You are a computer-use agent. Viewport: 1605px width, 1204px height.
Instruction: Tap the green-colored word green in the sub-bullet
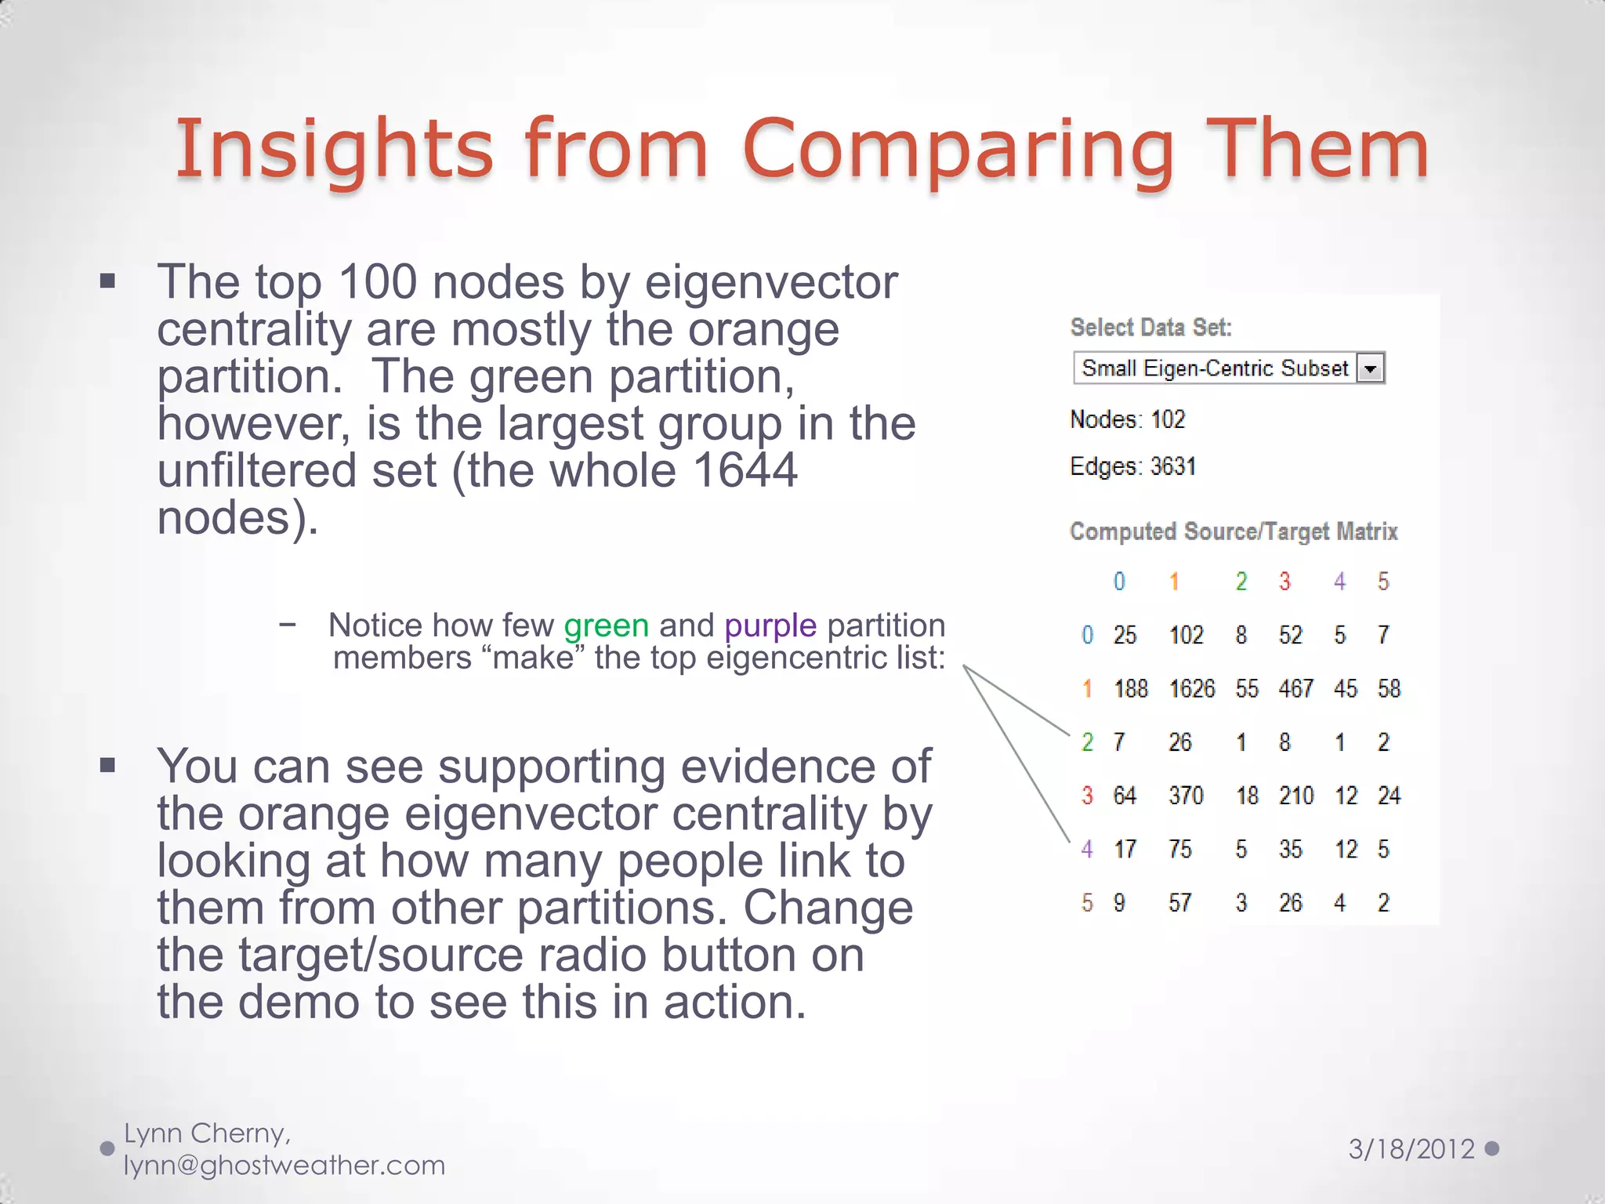click(x=606, y=626)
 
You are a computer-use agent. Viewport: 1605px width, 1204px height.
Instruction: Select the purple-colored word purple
click(x=770, y=626)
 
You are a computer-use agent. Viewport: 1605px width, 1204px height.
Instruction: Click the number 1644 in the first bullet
click(x=745, y=470)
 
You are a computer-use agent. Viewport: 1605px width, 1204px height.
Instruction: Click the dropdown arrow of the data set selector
click(x=1370, y=368)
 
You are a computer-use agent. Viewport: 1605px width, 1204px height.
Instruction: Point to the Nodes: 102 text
click(x=1127, y=419)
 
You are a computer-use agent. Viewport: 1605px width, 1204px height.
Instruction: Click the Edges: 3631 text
click(x=1132, y=466)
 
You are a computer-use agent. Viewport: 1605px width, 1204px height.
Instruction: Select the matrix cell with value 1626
click(x=1191, y=688)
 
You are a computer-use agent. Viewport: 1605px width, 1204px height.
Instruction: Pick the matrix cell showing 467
click(x=1295, y=688)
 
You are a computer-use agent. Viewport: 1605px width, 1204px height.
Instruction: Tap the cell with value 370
click(x=1185, y=796)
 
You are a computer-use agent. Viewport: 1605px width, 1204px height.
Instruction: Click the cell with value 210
click(x=1295, y=796)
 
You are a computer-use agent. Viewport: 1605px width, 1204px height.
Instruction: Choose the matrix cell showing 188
click(x=1130, y=688)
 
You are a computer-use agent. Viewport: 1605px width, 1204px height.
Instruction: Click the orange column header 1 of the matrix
click(x=1173, y=581)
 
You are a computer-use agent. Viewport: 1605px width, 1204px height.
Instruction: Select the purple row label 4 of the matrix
click(x=1087, y=849)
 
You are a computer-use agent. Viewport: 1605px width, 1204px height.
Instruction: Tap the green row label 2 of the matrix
click(x=1087, y=742)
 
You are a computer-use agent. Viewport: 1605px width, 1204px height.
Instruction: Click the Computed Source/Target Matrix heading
click(x=1234, y=531)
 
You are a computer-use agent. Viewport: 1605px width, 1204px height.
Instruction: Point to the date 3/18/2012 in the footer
click(x=1411, y=1149)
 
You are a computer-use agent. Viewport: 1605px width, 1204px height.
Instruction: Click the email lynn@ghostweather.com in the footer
click(x=284, y=1166)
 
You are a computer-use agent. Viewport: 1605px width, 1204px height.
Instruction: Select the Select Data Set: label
click(x=1150, y=327)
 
